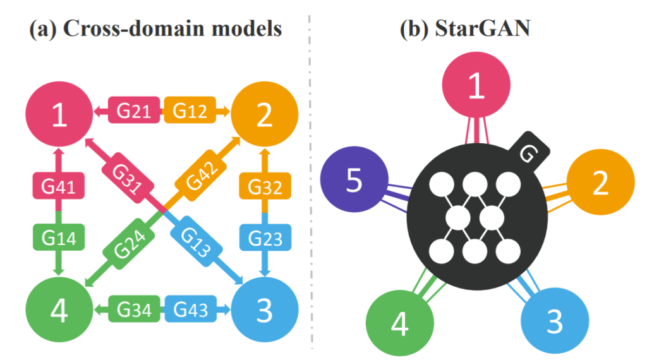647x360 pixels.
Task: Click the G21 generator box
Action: (x=133, y=111)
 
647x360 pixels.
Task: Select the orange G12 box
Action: (x=190, y=111)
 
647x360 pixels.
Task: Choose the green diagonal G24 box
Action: (x=130, y=244)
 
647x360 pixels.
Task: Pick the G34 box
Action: (x=133, y=310)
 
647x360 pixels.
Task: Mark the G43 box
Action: (x=190, y=310)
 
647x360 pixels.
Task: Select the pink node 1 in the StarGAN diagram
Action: (x=476, y=87)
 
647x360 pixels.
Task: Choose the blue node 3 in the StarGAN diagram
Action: (x=554, y=321)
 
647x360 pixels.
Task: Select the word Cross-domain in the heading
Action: (x=126, y=30)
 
